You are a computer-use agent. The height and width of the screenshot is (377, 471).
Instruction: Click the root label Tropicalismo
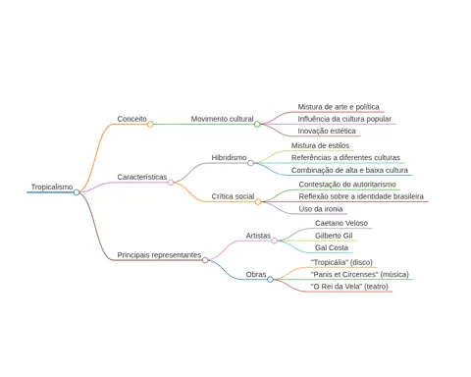tap(52, 187)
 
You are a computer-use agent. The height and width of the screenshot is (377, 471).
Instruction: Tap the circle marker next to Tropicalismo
tap(77, 192)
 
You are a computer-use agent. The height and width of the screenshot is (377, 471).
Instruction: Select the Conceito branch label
tap(132, 119)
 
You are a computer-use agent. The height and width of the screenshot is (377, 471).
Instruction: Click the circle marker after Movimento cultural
tap(257, 124)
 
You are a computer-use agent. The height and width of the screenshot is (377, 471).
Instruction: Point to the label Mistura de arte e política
tap(339, 107)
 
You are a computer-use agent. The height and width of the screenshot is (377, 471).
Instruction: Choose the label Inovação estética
tap(327, 131)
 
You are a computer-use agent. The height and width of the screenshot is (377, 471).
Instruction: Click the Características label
tap(142, 177)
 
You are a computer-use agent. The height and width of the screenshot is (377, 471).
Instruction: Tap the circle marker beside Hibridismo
tap(250, 163)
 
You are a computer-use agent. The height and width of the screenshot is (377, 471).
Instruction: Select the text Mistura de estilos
tap(320, 145)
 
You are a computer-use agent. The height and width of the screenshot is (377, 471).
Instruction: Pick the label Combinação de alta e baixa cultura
tap(349, 170)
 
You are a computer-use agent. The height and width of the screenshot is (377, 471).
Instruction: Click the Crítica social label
tap(233, 196)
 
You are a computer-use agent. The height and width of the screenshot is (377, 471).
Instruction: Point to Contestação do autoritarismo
tap(347, 185)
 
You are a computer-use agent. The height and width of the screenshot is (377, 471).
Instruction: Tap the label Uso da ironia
tap(321, 209)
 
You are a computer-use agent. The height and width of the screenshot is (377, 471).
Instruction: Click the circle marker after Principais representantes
tap(205, 260)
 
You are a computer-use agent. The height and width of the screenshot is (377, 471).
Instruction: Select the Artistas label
tap(258, 236)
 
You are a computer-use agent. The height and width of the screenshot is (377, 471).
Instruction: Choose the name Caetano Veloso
tap(341, 223)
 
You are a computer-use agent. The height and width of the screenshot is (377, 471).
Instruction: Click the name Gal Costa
tap(332, 247)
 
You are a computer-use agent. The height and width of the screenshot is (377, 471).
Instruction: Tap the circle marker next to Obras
tap(270, 280)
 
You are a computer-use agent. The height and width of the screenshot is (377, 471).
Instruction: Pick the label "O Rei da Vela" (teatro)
tap(349, 287)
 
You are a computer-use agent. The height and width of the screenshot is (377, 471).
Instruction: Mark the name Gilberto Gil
tap(334, 236)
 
